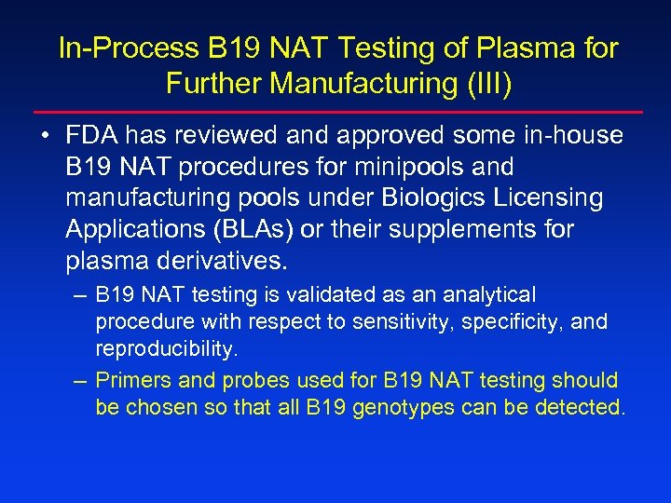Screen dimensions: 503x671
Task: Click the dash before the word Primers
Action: pyautogui.click(x=81, y=380)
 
